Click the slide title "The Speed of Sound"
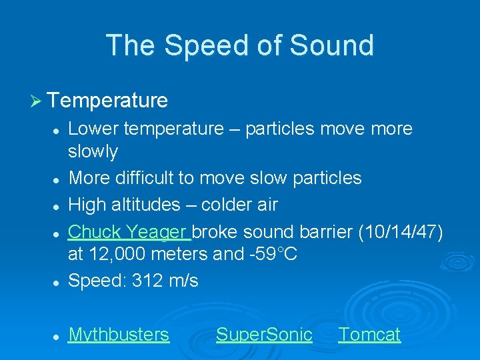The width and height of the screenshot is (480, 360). pos(240,45)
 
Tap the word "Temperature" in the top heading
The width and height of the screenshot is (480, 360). pos(107,101)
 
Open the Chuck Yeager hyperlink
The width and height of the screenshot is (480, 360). pos(129,231)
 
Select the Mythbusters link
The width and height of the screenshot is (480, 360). pos(119,334)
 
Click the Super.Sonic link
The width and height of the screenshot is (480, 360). pos(264,334)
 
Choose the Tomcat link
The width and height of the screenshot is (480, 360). pos(369,334)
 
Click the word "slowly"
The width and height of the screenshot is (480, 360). pos(93,152)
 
